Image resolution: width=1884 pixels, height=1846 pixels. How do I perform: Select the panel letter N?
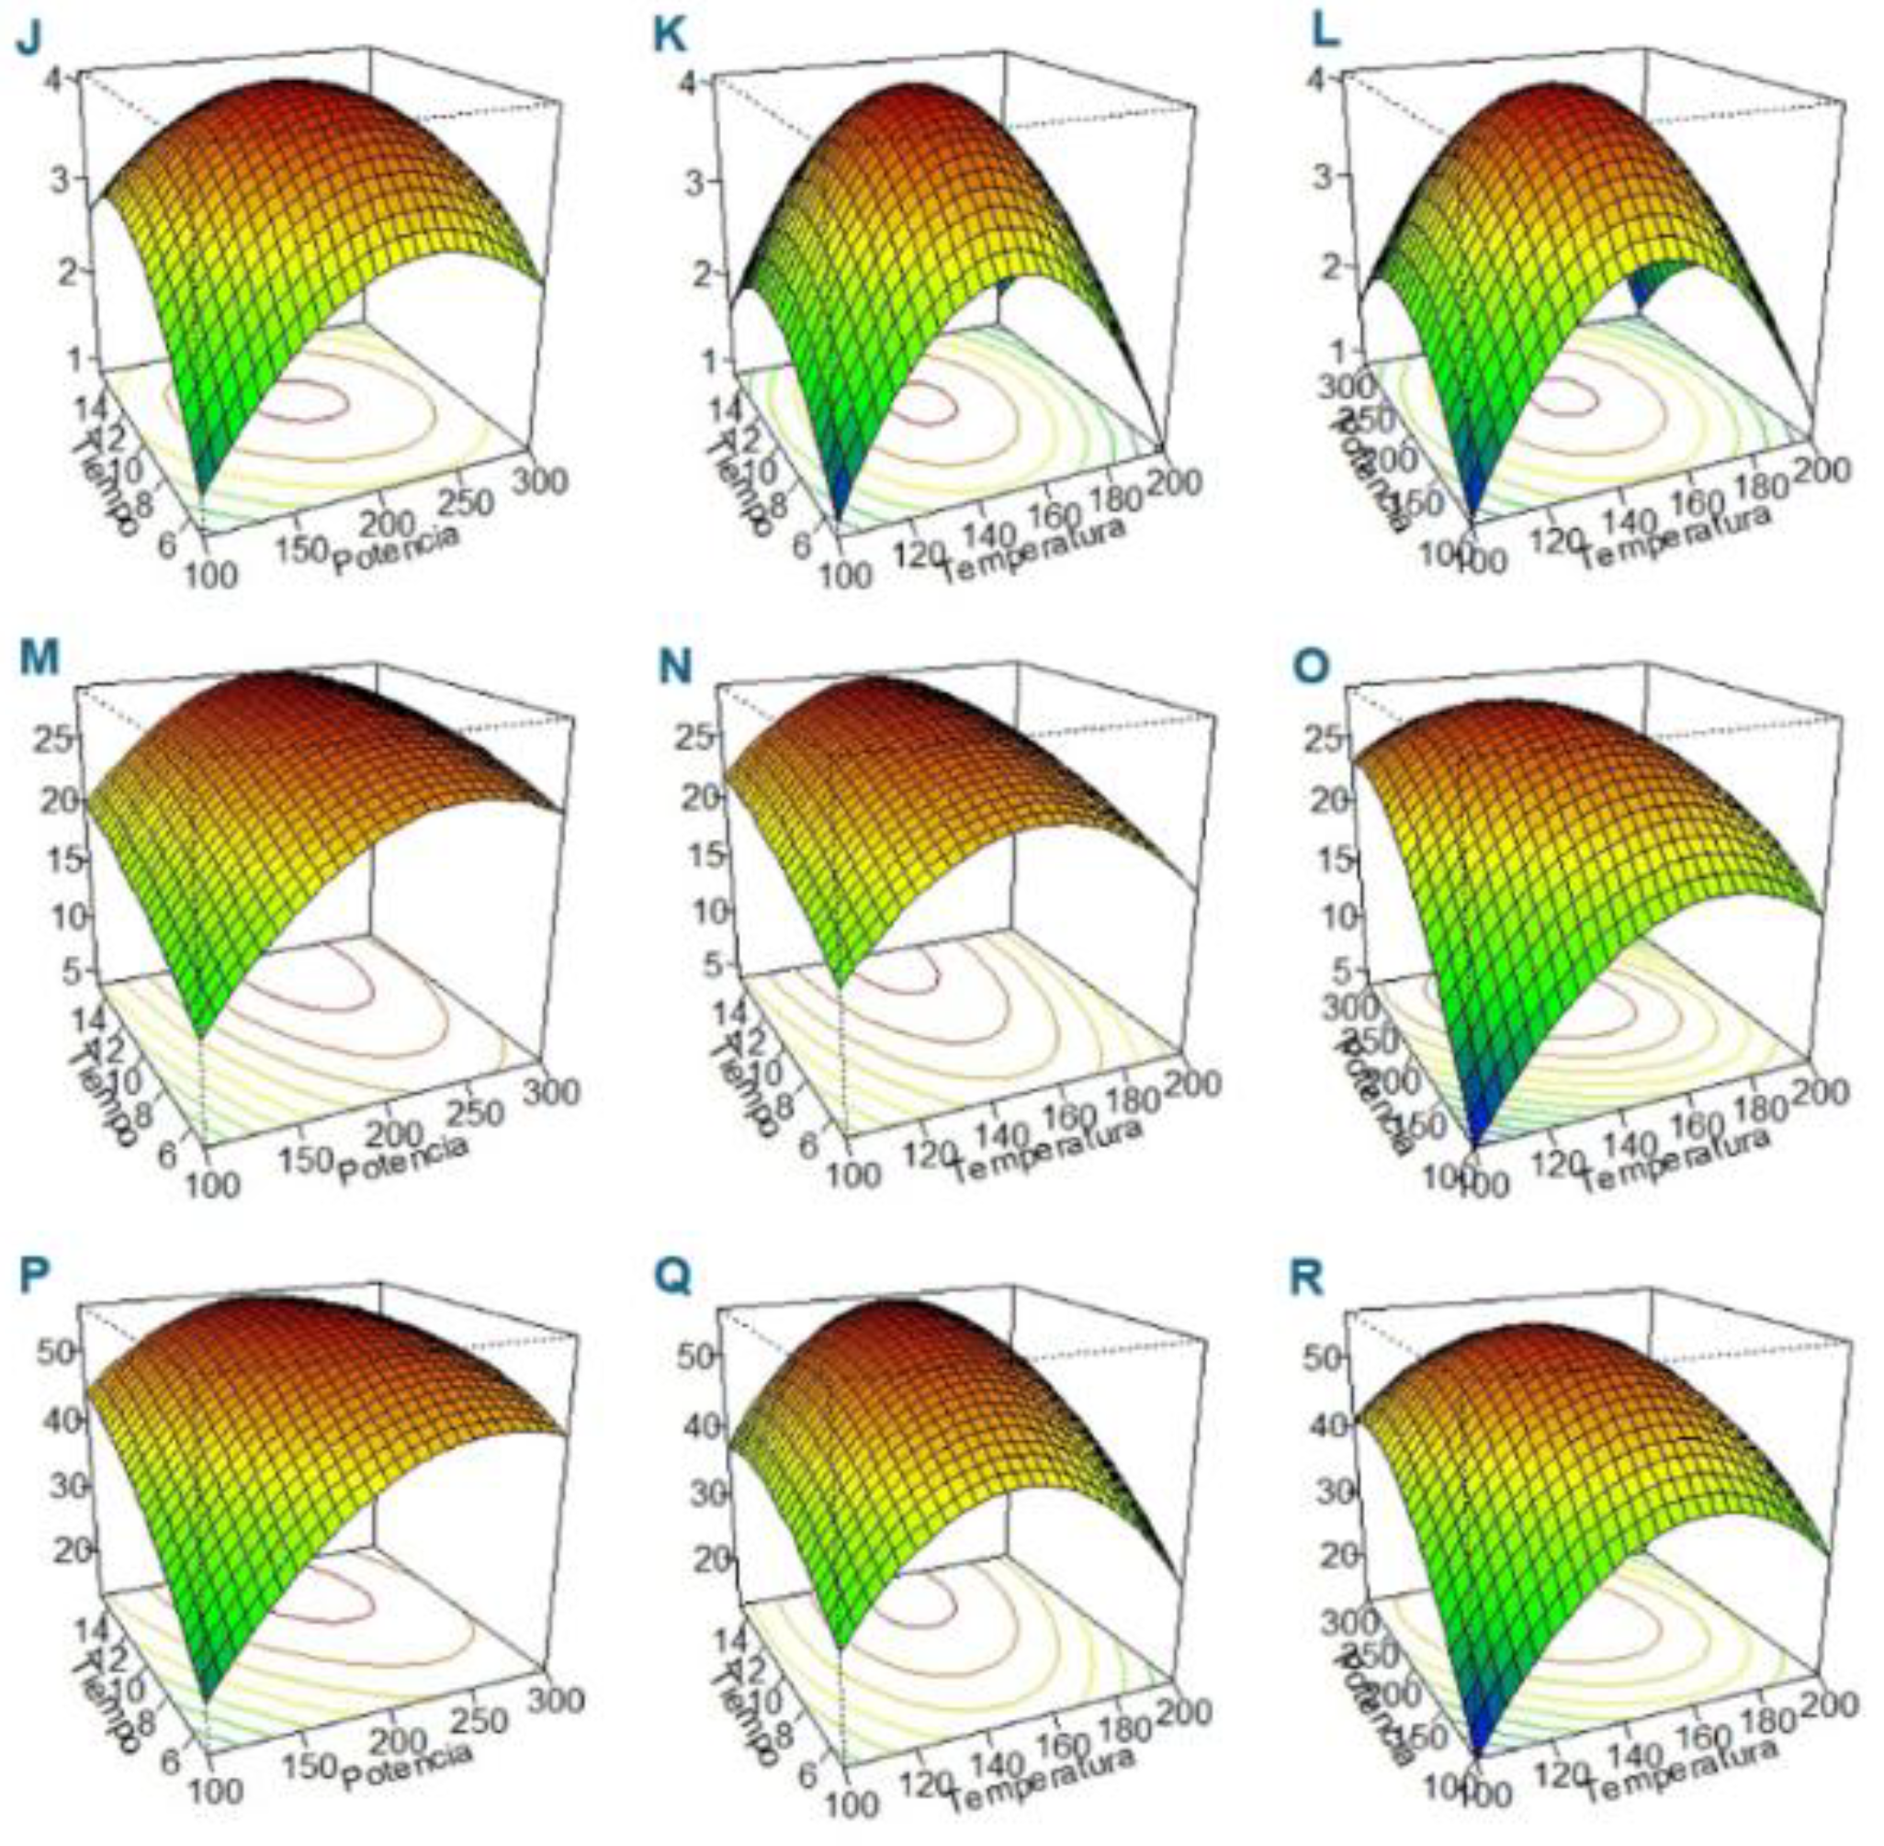[673, 668]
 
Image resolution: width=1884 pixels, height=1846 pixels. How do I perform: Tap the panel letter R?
[1307, 1278]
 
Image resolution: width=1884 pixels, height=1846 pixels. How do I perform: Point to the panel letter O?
[1311, 668]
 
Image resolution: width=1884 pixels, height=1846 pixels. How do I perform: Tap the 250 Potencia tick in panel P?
[481, 1721]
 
